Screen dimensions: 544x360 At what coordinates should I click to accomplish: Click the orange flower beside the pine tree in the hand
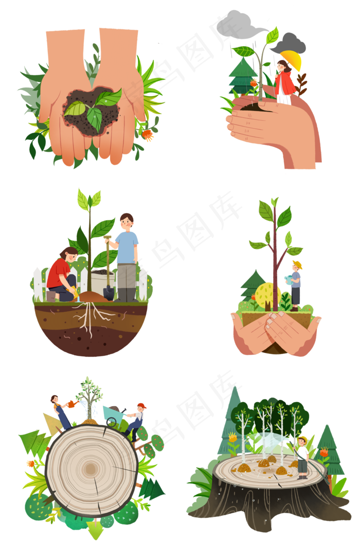point(254,82)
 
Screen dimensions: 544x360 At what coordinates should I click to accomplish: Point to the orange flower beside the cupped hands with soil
point(149,135)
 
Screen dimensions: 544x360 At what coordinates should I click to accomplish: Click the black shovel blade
point(108,292)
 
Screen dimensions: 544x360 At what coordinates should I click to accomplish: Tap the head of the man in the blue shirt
point(126,222)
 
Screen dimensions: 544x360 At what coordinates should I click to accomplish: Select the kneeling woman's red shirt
point(58,272)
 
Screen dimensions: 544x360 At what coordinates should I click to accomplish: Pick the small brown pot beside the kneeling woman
point(51,296)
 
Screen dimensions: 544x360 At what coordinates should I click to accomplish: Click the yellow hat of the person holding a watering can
point(297,265)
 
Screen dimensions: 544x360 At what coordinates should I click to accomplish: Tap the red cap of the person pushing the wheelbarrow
point(142,406)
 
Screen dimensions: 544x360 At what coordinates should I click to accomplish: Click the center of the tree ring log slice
point(92,468)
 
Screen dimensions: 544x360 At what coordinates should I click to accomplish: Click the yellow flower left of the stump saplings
point(232,437)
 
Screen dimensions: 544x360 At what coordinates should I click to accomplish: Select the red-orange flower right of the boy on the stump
point(323,453)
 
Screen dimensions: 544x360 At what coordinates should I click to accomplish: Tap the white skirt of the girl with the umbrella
point(284,98)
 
